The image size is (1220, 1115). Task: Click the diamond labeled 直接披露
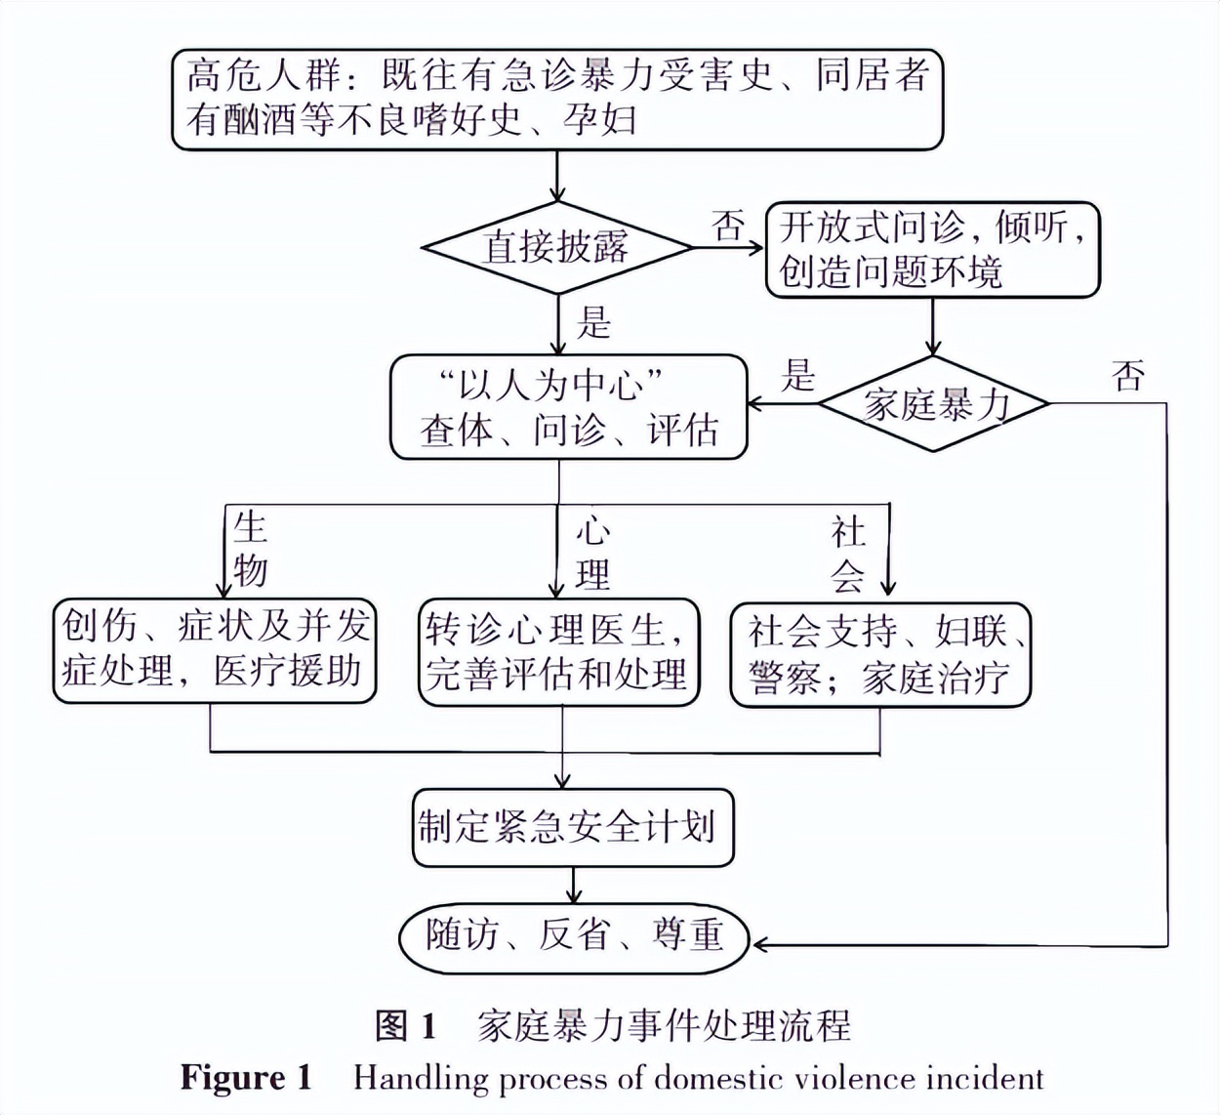(557, 247)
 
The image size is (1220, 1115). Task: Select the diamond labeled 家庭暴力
(934, 403)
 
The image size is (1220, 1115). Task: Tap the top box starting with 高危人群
(557, 99)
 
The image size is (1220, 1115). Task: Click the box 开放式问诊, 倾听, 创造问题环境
(932, 250)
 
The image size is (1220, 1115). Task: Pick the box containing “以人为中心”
(568, 407)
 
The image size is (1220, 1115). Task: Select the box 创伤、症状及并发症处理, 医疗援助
(215, 650)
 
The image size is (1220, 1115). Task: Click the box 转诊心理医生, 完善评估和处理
(558, 652)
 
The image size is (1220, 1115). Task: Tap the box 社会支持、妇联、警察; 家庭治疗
(880, 654)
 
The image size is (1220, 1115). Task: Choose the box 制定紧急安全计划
(572, 828)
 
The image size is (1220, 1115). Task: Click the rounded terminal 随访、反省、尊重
(574, 936)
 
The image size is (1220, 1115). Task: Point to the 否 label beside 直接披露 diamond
(728, 226)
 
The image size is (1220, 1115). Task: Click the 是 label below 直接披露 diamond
(593, 322)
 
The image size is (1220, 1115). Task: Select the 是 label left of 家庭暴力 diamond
(798, 375)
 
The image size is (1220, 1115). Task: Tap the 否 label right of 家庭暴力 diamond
(1128, 375)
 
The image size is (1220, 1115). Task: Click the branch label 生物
(250, 549)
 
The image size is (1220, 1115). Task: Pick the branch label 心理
(592, 554)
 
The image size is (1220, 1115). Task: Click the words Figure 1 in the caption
(246, 1078)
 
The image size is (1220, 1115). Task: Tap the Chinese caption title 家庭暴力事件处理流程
(664, 1026)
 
